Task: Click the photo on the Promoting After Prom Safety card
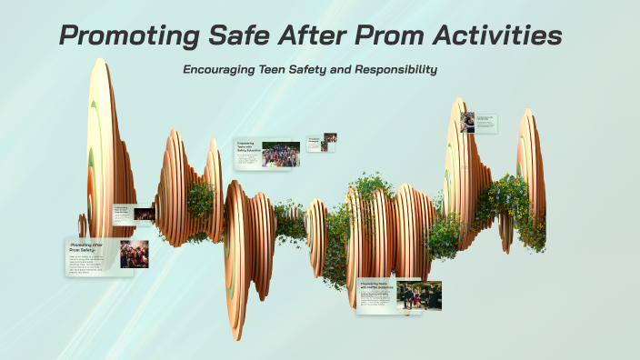[134, 254]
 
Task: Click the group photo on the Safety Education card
[281, 154]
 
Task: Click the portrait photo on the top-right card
[467, 122]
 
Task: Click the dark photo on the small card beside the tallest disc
[144, 215]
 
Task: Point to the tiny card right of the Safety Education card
[321, 143]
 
